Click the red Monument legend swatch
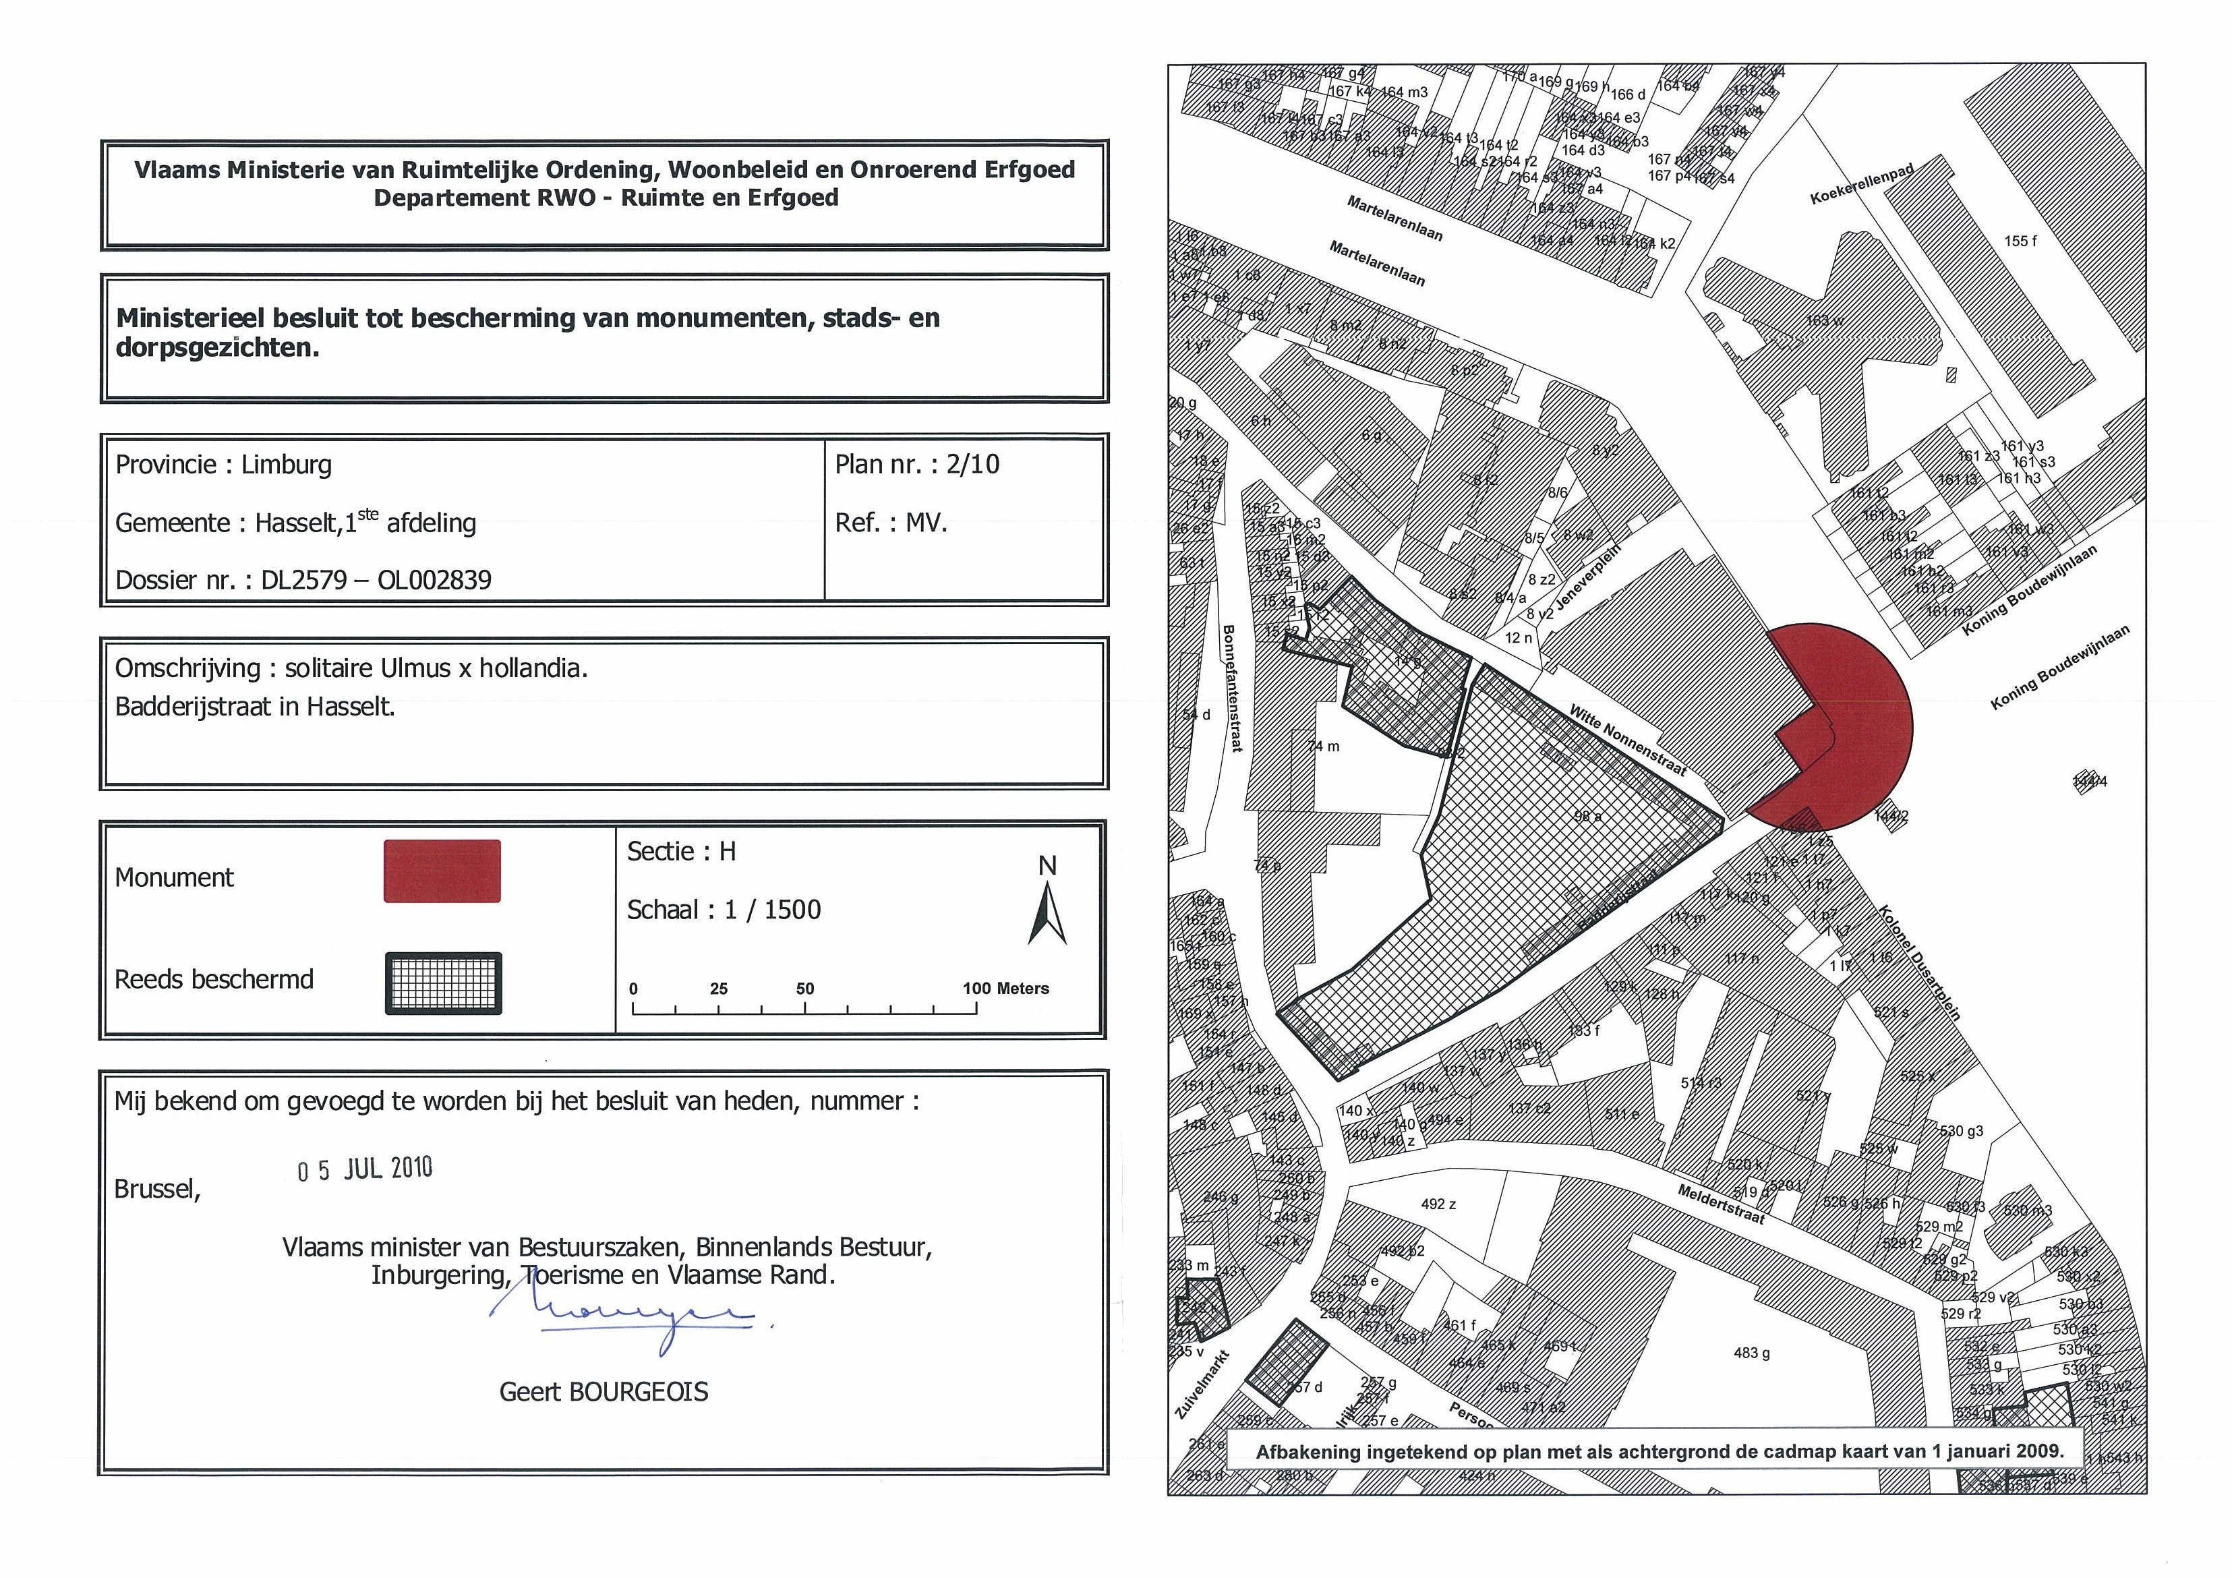click(442, 871)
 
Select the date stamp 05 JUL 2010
click(365, 1169)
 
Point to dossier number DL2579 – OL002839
click(376, 581)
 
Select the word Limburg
click(286, 465)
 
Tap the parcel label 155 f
click(2020, 241)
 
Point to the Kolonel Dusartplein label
click(1919, 962)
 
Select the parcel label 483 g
click(1752, 1353)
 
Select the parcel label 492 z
click(1439, 1204)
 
